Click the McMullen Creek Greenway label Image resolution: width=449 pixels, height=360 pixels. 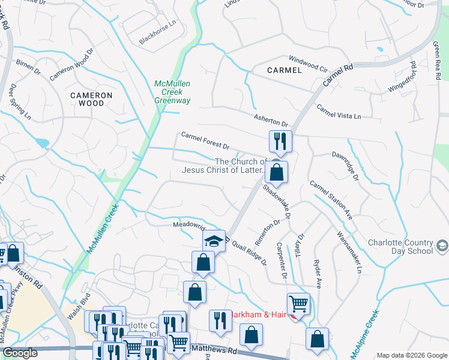click(x=172, y=92)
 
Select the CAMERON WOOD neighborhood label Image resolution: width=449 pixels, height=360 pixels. click(x=91, y=99)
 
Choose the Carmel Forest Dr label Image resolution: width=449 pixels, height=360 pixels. click(x=205, y=142)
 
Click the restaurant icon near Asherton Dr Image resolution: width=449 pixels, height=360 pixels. click(x=280, y=142)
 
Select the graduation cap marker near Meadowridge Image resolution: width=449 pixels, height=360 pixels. click(x=213, y=242)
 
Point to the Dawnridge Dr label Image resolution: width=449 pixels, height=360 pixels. click(x=345, y=166)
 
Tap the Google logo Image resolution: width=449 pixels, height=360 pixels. click(x=20, y=353)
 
